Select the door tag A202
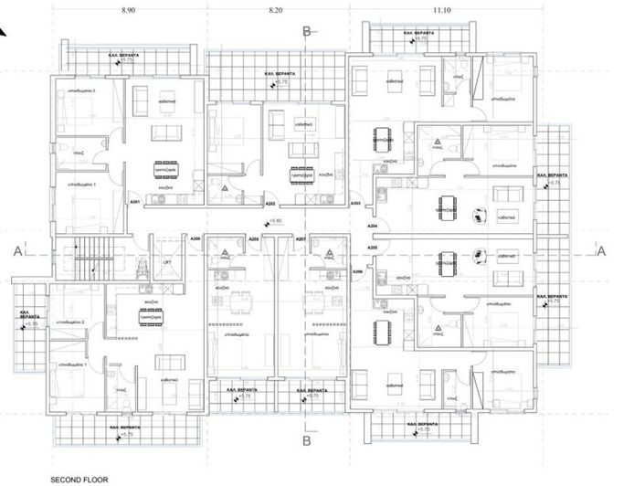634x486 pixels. click(x=269, y=203)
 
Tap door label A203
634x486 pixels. click(x=356, y=203)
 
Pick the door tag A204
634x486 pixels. click(x=372, y=226)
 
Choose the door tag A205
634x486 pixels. click(x=372, y=248)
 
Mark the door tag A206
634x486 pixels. click(x=357, y=271)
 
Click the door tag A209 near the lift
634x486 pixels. click(x=195, y=239)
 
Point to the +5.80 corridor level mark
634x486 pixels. click(x=272, y=221)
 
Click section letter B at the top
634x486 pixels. click(x=308, y=30)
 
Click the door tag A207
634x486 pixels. click(x=300, y=239)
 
